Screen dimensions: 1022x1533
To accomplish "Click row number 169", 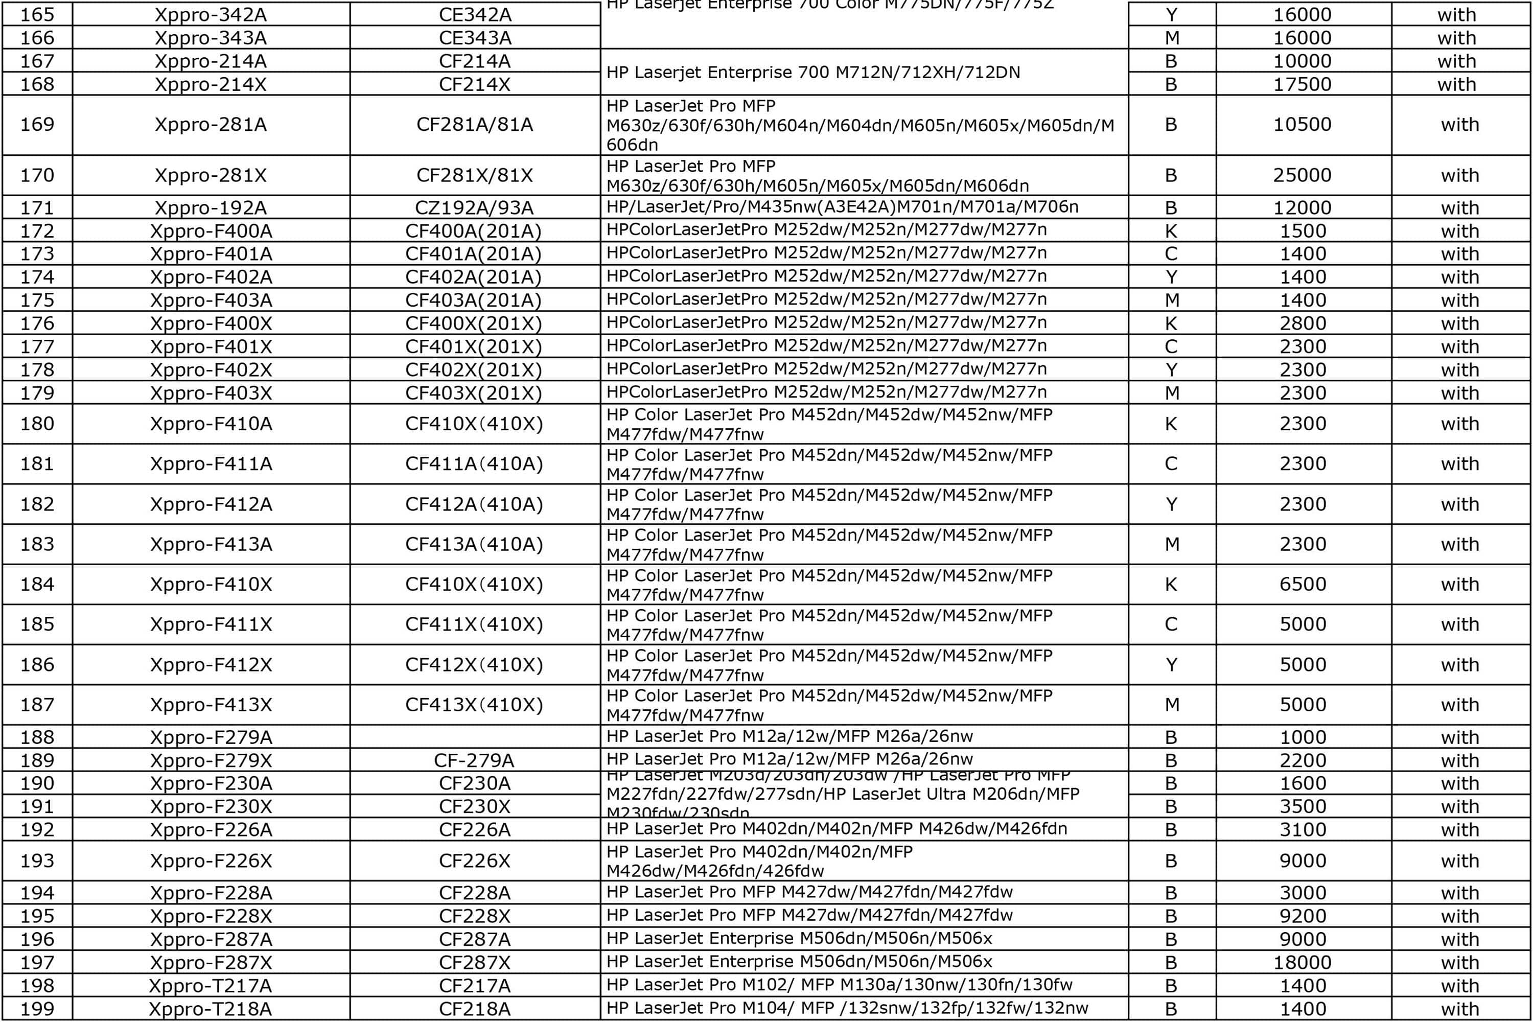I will [37, 125].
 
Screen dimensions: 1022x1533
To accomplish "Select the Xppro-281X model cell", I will [211, 175].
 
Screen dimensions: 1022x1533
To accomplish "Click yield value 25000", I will [1302, 175].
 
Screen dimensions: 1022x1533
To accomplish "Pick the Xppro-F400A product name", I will [211, 231].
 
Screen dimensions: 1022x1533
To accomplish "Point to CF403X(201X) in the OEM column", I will [474, 393].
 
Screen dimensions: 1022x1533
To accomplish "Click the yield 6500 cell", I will [1302, 584].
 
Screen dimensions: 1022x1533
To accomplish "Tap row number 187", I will [37, 705].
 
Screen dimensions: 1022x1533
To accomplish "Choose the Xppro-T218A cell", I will [211, 1009].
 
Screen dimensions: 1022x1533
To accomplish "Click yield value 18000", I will [1302, 963].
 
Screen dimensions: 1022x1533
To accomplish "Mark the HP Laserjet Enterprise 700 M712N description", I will [813, 73].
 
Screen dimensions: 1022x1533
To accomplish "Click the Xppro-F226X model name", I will [211, 861].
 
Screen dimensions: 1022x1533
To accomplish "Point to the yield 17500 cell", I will [1302, 85].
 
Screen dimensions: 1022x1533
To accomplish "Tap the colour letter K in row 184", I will [1171, 584].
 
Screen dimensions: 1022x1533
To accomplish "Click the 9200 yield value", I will [1302, 916].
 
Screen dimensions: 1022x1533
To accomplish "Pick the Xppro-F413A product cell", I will [211, 544].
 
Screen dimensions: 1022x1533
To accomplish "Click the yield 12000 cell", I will [1302, 208].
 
